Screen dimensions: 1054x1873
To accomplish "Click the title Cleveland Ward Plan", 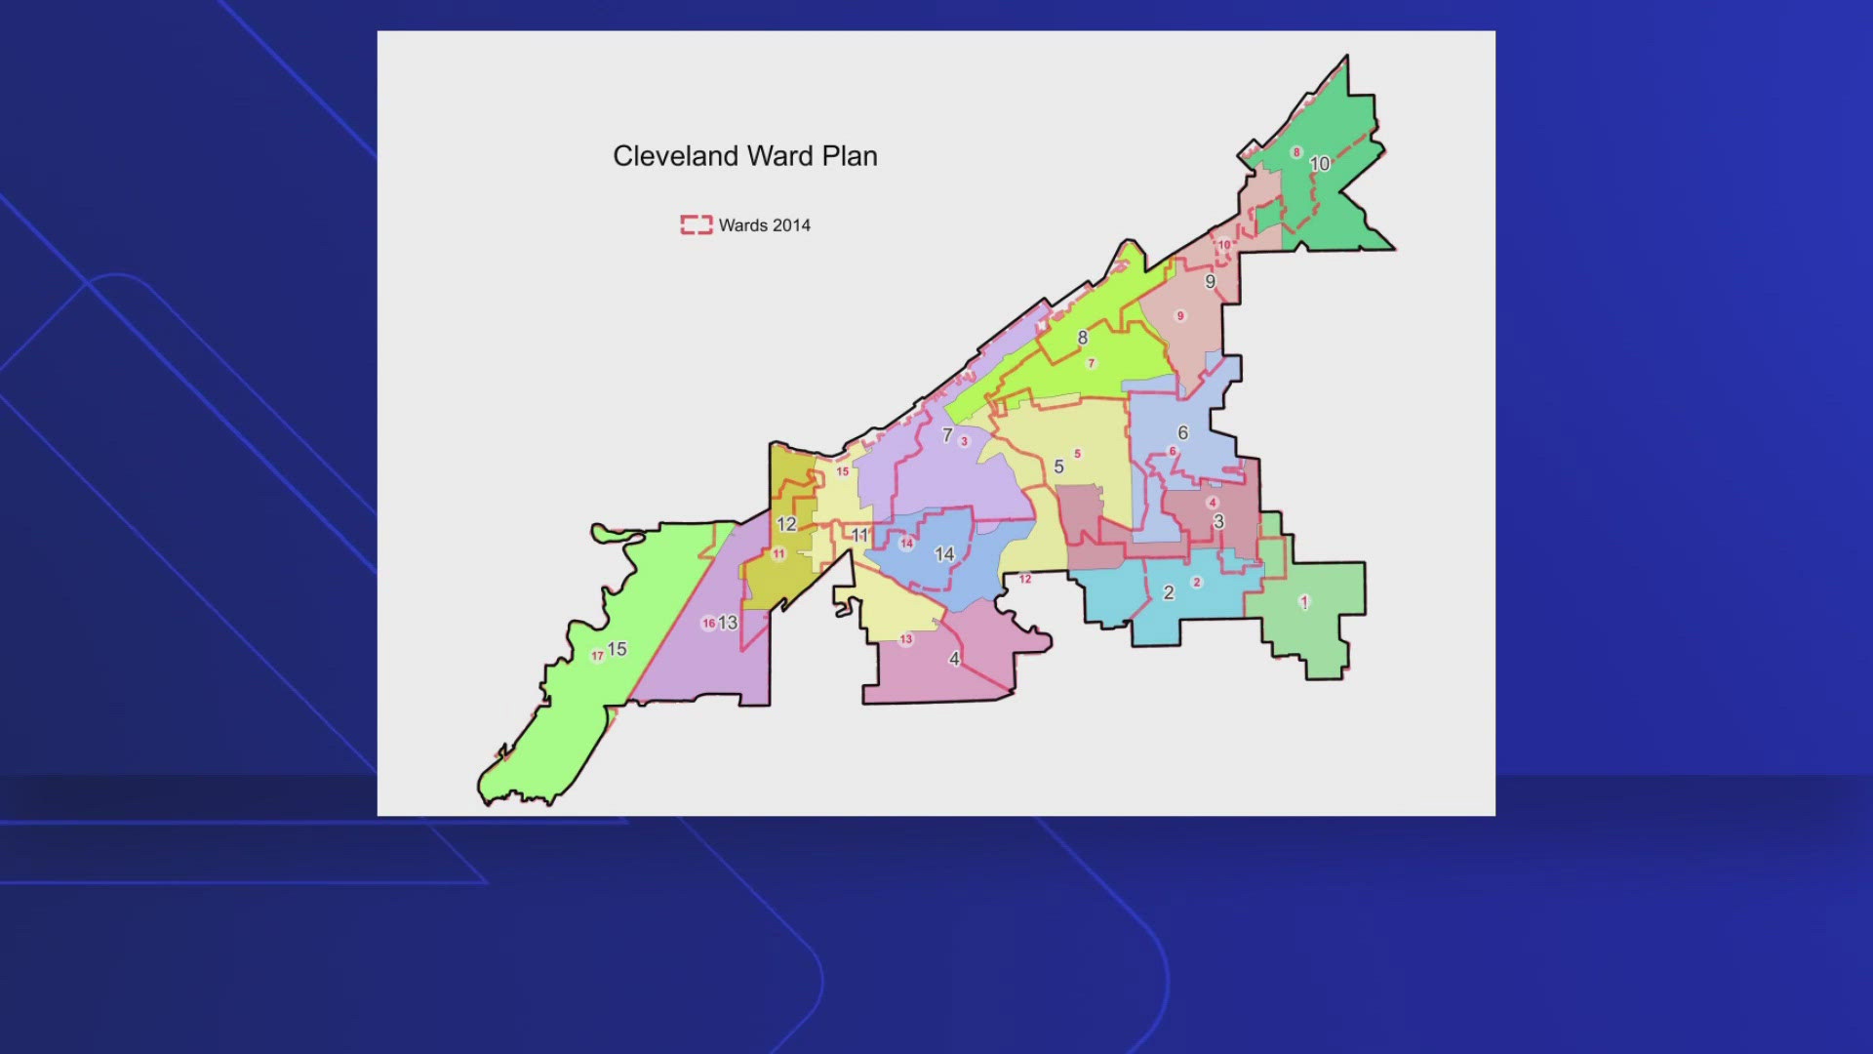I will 744,156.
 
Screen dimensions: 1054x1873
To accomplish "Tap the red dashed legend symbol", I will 696,225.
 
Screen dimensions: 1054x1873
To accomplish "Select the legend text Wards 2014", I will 764,225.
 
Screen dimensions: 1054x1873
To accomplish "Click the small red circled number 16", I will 708,624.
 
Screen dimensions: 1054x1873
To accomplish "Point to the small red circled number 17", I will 597,656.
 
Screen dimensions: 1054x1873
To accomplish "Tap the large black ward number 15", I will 617,649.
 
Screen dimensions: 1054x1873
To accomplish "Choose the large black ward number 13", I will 728,623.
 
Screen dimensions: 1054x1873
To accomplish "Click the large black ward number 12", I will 786,524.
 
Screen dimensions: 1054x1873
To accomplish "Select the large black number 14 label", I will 944,554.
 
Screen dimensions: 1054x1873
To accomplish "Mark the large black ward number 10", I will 1320,164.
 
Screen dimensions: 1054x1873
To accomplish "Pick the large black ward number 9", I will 1210,282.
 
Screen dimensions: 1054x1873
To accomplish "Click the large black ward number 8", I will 1082,338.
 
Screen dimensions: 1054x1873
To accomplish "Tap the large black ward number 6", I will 1182,432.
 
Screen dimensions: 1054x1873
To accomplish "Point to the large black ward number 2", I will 1169,592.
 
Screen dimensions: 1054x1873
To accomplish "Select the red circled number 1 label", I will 1304,602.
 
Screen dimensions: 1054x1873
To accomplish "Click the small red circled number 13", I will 906,639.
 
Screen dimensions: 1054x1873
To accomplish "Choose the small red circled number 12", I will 1025,579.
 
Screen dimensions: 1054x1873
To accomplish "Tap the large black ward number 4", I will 954,659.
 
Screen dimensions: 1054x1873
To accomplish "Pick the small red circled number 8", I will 1296,152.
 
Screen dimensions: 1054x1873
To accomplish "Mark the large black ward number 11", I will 859,535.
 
